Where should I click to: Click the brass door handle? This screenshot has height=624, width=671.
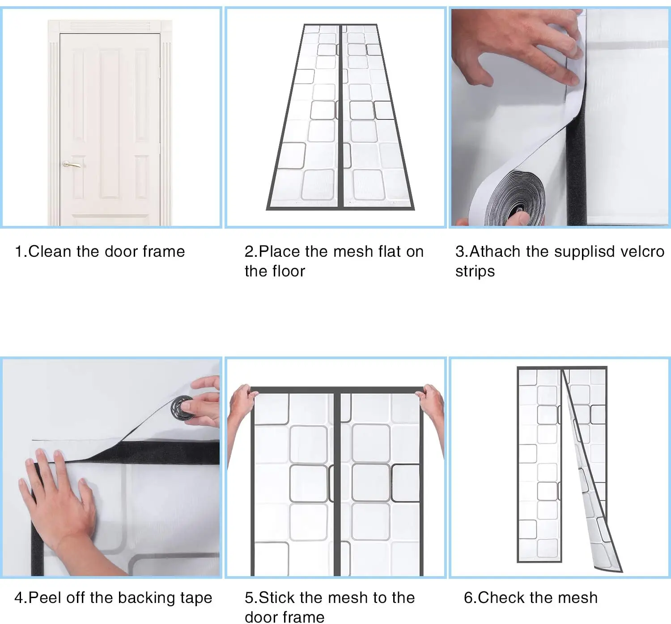(72, 165)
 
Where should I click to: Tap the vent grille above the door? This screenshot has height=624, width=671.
(110, 26)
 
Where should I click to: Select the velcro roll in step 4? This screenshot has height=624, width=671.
(183, 408)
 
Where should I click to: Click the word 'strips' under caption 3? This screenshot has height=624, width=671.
(475, 272)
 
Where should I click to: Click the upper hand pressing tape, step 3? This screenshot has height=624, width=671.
(517, 47)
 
